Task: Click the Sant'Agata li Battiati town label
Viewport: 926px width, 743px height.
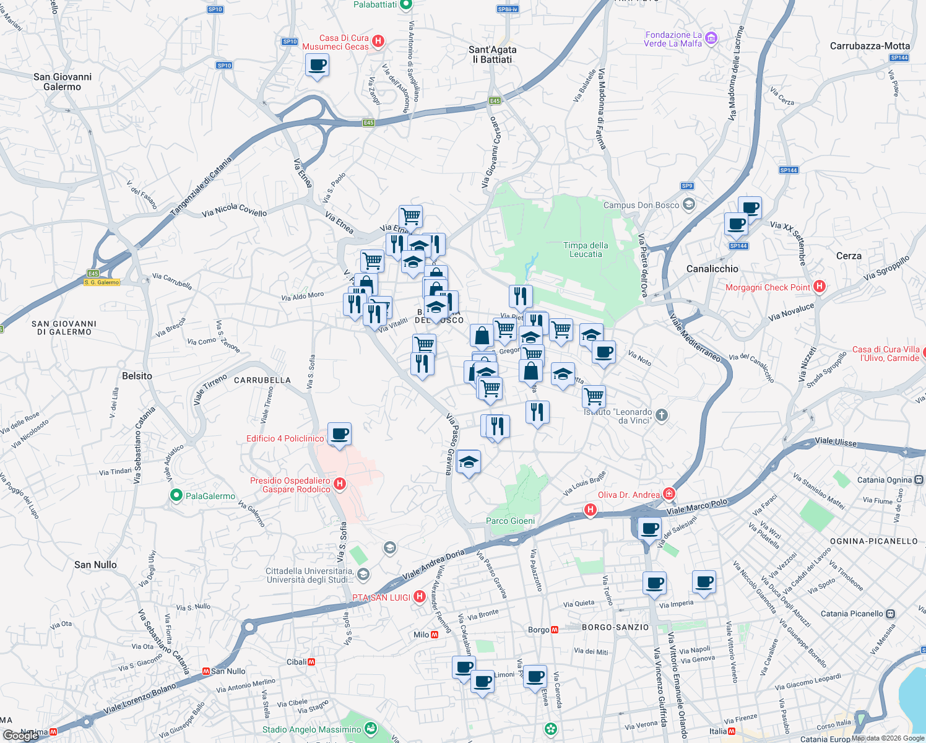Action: [x=492, y=54]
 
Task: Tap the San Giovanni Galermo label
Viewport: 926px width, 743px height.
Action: [x=63, y=82]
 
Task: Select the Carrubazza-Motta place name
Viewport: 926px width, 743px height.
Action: [x=870, y=46]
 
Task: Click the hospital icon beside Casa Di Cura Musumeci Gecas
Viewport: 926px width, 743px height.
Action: [x=378, y=41]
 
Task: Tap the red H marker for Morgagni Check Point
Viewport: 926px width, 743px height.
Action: [x=820, y=286]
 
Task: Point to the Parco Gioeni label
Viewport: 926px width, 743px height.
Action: [x=510, y=521]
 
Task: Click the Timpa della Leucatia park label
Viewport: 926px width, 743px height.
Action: [x=586, y=250]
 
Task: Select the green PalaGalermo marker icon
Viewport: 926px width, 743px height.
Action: [x=176, y=495]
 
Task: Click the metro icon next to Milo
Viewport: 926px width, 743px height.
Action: [x=435, y=635]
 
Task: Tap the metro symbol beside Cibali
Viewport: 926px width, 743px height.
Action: [x=311, y=662]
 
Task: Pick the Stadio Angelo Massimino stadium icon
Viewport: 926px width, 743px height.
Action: [x=371, y=728]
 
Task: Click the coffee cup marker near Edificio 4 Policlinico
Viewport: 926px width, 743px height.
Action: [x=339, y=433]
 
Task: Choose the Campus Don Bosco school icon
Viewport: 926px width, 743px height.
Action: [x=689, y=204]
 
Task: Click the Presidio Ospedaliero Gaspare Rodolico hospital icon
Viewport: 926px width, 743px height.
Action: [x=339, y=484]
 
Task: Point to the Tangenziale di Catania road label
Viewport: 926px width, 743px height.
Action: [x=201, y=186]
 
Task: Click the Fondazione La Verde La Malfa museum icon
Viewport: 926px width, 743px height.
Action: [x=711, y=39]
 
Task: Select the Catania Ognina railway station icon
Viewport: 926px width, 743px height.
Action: [x=919, y=479]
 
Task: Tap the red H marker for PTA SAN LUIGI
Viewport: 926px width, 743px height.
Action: [x=420, y=597]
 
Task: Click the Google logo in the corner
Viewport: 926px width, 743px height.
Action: [x=20, y=736]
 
